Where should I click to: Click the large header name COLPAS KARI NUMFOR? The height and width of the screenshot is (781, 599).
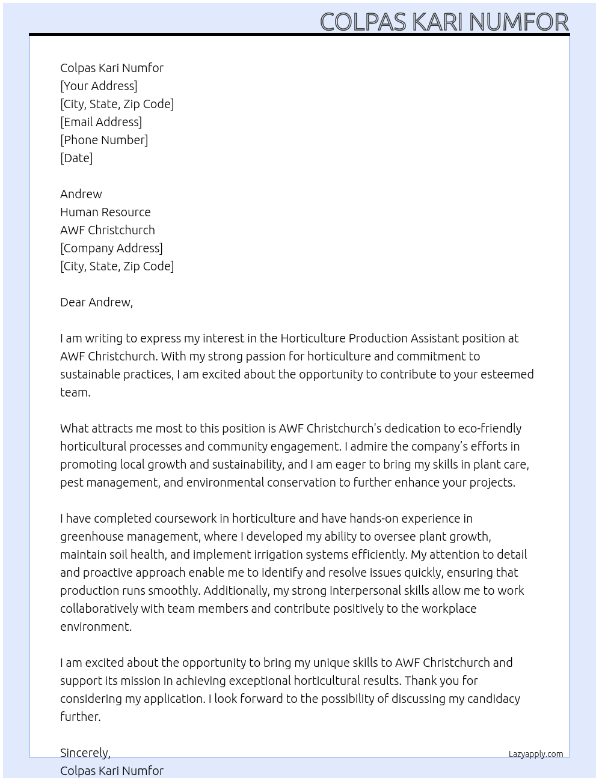point(444,22)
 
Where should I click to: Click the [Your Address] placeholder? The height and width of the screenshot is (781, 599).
point(99,86)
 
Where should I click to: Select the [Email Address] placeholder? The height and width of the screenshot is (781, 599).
point(101,122)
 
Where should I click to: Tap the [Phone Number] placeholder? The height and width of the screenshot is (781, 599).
point(104,140)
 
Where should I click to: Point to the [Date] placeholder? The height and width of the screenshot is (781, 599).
point(76,158)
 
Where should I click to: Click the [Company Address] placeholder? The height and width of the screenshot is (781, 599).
point(111,248)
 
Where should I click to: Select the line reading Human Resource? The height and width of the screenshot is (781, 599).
point(105,212)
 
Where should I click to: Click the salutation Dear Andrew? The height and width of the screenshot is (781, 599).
point(96,302)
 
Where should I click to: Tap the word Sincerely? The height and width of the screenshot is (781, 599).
point(85,753)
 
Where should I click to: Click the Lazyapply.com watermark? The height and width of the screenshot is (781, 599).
point(536,754)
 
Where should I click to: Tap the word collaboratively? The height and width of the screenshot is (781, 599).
point(99,609)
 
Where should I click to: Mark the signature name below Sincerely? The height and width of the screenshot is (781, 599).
point(112,771)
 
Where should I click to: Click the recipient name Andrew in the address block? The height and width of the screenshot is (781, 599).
point(81,194)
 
